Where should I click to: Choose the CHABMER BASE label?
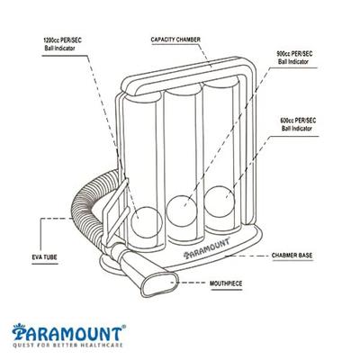(x=293, y=256)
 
